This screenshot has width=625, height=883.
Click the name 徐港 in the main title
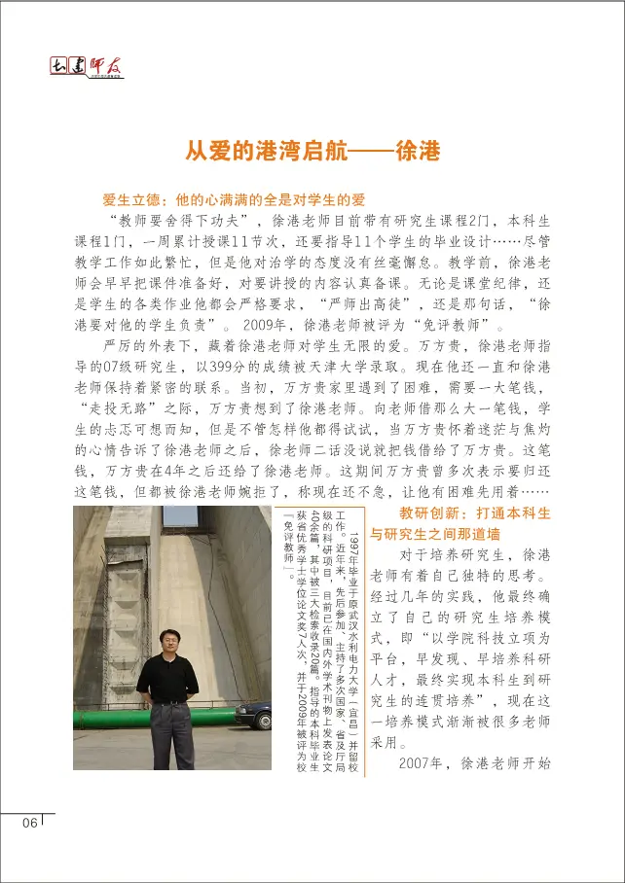coord(415,152)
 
